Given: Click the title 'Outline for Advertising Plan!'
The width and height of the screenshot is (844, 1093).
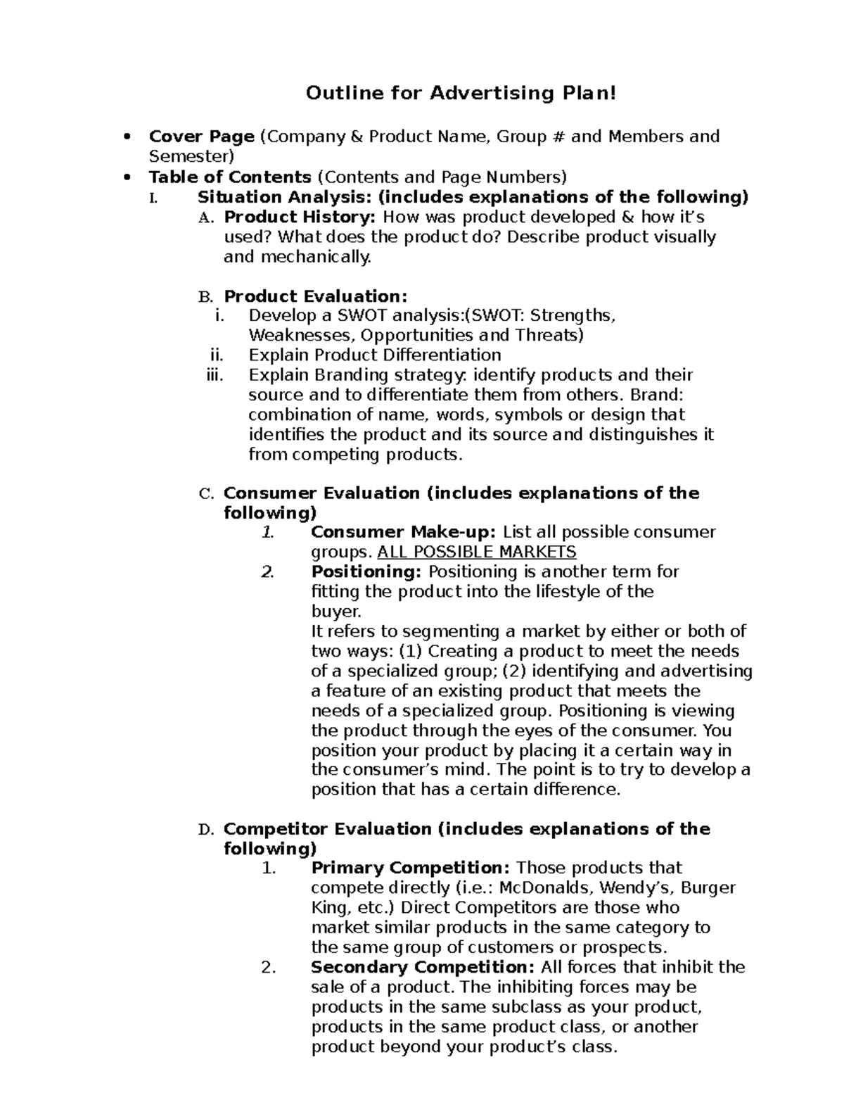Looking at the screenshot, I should (x=461, y=93).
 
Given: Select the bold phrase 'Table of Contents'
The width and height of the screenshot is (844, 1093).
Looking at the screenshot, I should (x=230, y=177).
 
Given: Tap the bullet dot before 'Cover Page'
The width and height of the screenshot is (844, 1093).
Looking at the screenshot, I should (x=127, y=137).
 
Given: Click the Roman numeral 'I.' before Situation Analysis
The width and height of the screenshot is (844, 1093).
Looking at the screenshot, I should (x=155, y=197).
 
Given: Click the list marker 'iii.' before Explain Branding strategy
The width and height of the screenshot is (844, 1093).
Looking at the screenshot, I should (x=215, y=374).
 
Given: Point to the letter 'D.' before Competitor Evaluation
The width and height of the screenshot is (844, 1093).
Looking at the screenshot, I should (x=206, y=830).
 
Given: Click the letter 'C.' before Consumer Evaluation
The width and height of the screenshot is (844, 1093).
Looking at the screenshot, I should (x=206, y=494).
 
